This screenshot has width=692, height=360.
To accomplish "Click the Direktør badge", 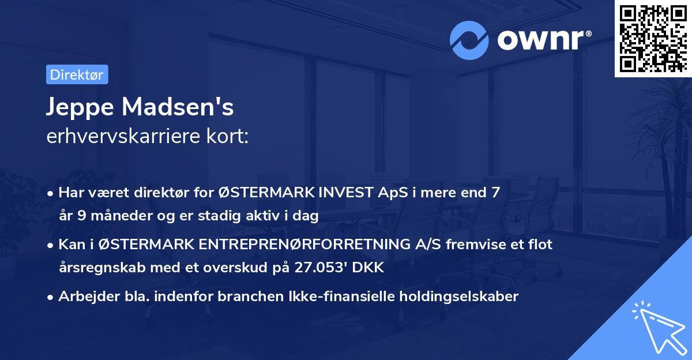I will (77, 74).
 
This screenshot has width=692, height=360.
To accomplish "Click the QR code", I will (653, 38).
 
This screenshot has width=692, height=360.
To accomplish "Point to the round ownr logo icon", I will (469, 40).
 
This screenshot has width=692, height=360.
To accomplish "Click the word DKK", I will (372, 268).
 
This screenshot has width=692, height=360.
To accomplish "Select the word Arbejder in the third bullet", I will (85, 297).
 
